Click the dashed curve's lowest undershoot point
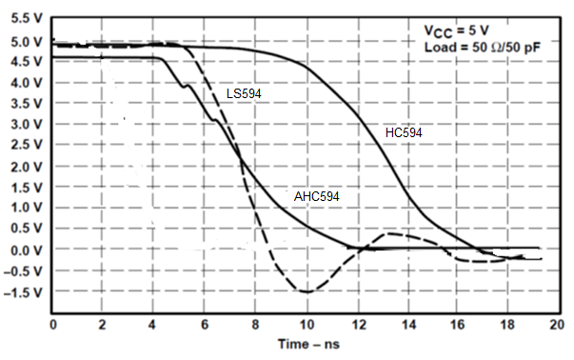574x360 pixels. point(305,291)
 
